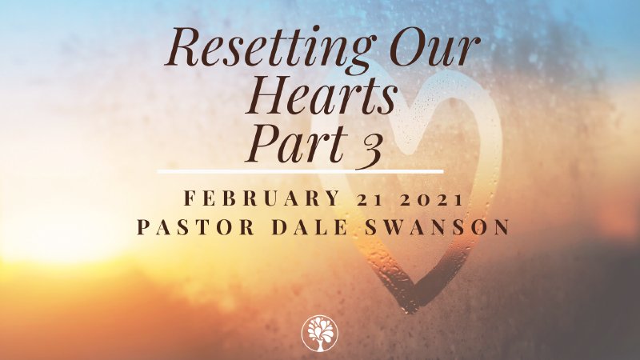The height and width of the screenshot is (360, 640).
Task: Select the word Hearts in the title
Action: pos(322,98)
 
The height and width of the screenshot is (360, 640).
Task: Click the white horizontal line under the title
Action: pos(300,170)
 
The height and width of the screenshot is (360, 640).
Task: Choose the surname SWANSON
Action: pos(433,227)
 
